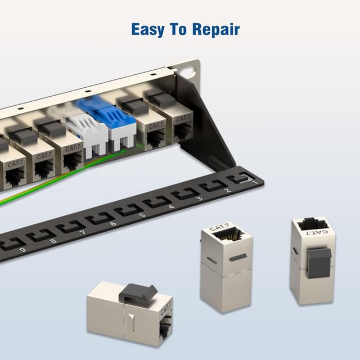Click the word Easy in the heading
tap(147, 29)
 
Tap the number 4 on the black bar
tap(170, 206)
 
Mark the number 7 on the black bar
tap(82, 232)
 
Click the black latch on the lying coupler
tap(139, 291)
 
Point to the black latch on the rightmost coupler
tap(319, 261)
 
